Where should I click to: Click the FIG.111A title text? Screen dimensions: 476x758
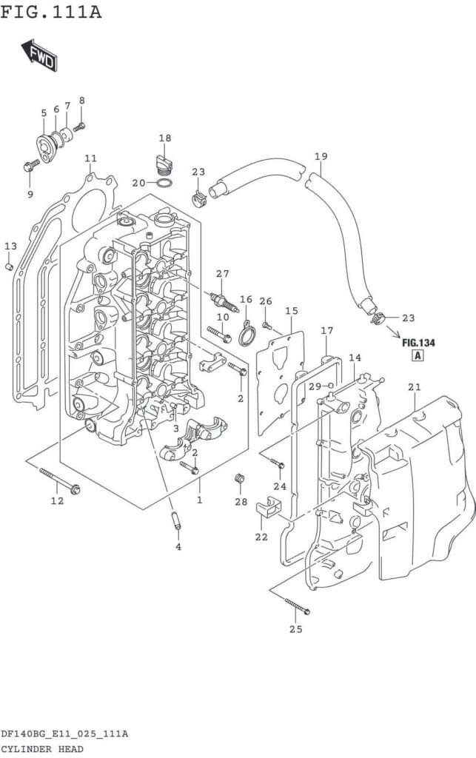(x=51, y=11)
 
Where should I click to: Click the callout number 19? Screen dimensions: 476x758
(x=321, y=156)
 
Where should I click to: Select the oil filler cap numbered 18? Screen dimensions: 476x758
(x=163, y=164)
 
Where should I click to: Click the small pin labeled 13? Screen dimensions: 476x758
(x=9, y=266)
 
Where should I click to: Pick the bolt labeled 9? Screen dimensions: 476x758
(x=31, y=166)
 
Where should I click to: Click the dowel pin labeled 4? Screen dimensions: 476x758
(x=176, y=520)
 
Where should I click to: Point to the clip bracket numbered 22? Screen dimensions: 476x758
(x=267, y=507)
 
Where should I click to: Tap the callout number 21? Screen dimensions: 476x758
(x=414, y=386)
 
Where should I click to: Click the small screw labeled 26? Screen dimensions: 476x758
(x=266, y=325)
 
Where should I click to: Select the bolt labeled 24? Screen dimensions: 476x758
(x=278, y=463)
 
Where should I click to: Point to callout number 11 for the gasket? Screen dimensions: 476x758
(x=90, y=158)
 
